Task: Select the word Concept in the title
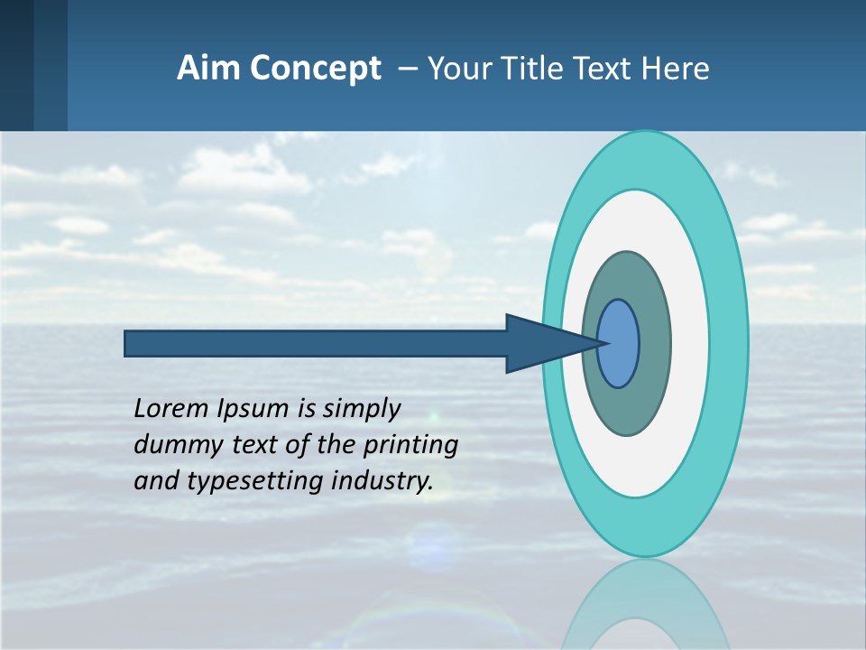tap(311, 69)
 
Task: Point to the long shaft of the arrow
tap(316, 343)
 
